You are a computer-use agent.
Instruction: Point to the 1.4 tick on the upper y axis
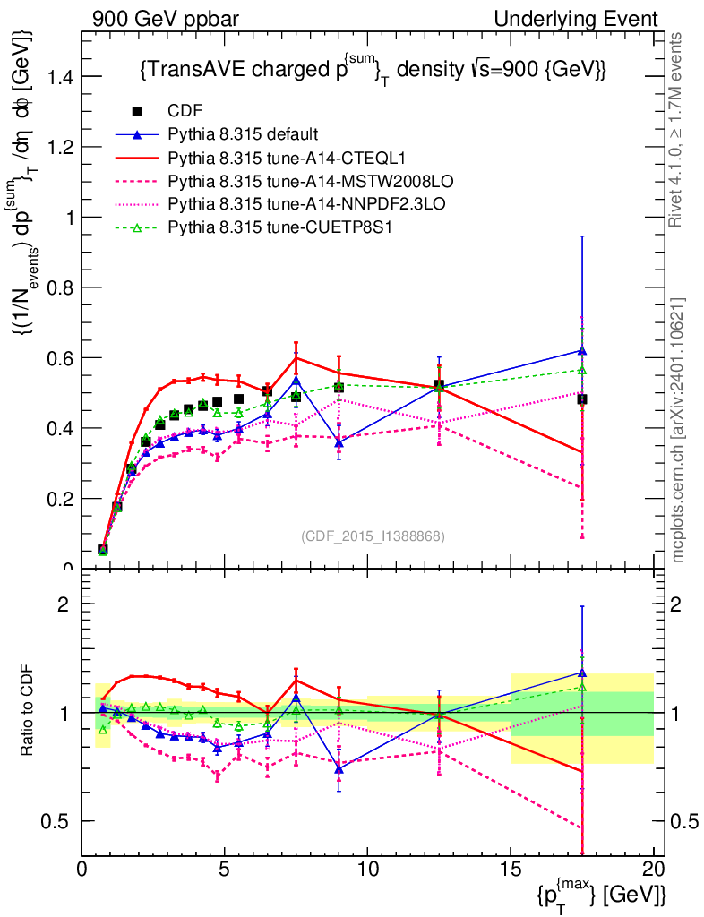(62, 77)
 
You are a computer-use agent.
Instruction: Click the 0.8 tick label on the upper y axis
(62, 287)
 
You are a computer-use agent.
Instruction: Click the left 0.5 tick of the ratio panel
(62, 821)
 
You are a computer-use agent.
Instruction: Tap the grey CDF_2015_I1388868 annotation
(373, 536)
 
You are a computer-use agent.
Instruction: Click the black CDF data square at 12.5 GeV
(439, 385)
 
